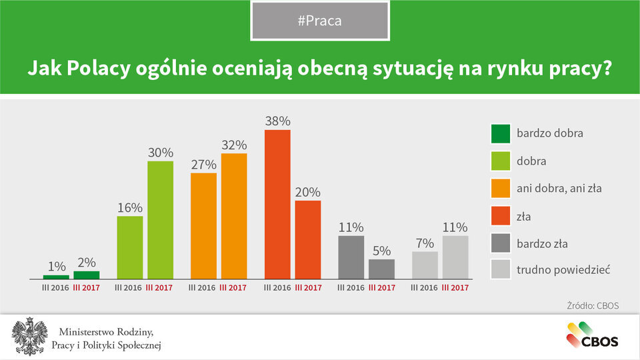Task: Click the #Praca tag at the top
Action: click(x=320, y=21)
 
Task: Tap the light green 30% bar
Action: click(x=160, y=219)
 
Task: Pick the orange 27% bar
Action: click(x=204, y=225)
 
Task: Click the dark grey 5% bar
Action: click(x=381, y=269)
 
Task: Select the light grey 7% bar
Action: click(x=425, y=265)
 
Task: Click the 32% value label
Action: click(x=234, y=145)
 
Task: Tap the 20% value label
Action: click(x=308, y=192)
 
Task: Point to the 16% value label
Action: click(x=130, y=207)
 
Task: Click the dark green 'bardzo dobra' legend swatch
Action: click(x=500, y=133)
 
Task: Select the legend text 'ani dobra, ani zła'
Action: click(x=559, y=189)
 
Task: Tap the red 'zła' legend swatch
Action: click(x=500, y=216)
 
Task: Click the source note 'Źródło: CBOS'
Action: click(x=593, y=306)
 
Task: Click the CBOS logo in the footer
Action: click(x=593, y=335)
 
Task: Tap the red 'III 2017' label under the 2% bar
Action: click(x=85, y=288)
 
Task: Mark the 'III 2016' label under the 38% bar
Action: click(x=277, y=288)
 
